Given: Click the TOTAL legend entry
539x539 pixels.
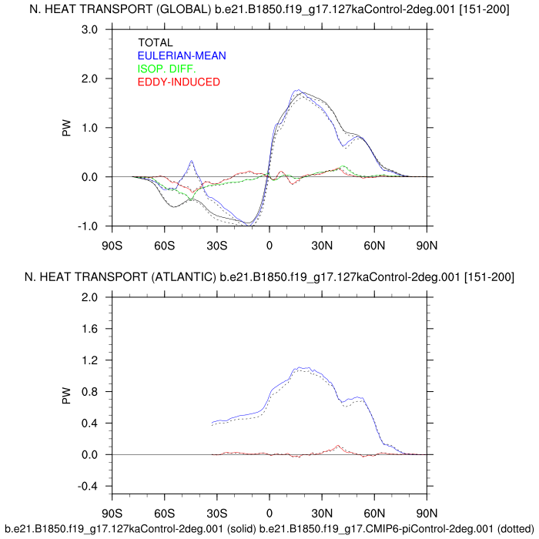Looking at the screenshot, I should (156, 43).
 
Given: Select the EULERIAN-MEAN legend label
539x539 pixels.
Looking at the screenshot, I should (182, 56).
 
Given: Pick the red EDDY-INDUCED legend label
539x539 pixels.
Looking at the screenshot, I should (179, 82).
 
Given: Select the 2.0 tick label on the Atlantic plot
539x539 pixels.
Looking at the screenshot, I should (90, 298).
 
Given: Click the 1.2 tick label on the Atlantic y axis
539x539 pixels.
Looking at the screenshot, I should (90, 361).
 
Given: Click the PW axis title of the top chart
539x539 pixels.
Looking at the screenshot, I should (68, 128).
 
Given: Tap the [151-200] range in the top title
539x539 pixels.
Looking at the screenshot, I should (486, 8).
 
